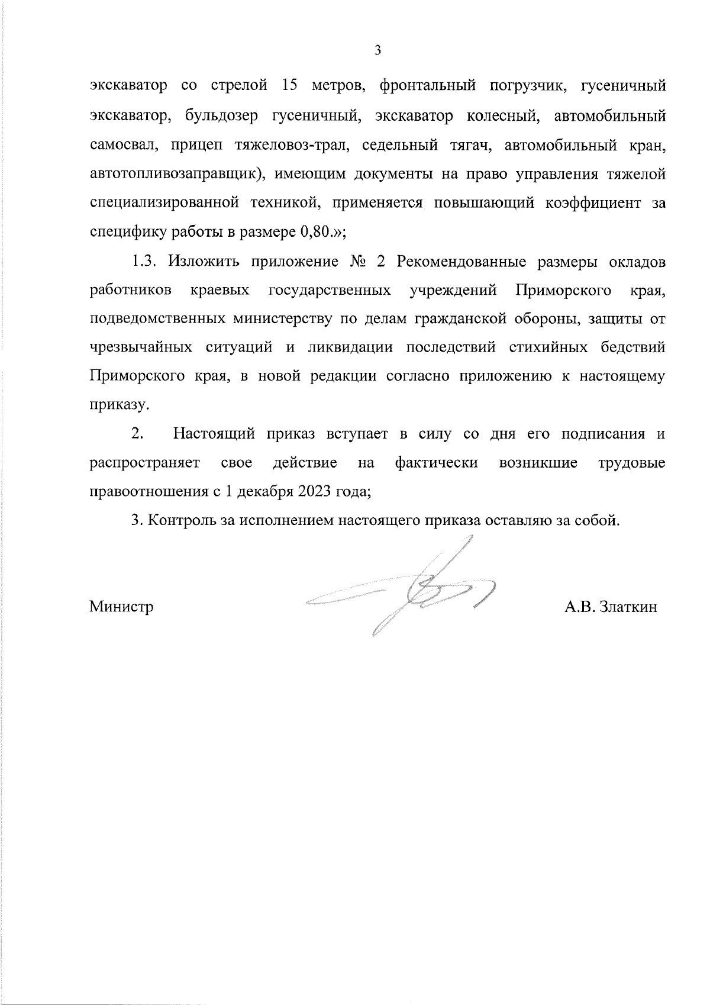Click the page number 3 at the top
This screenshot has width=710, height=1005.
(378, 50)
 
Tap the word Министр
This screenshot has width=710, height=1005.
(121, 607)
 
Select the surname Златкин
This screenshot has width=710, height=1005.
(628, 607)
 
